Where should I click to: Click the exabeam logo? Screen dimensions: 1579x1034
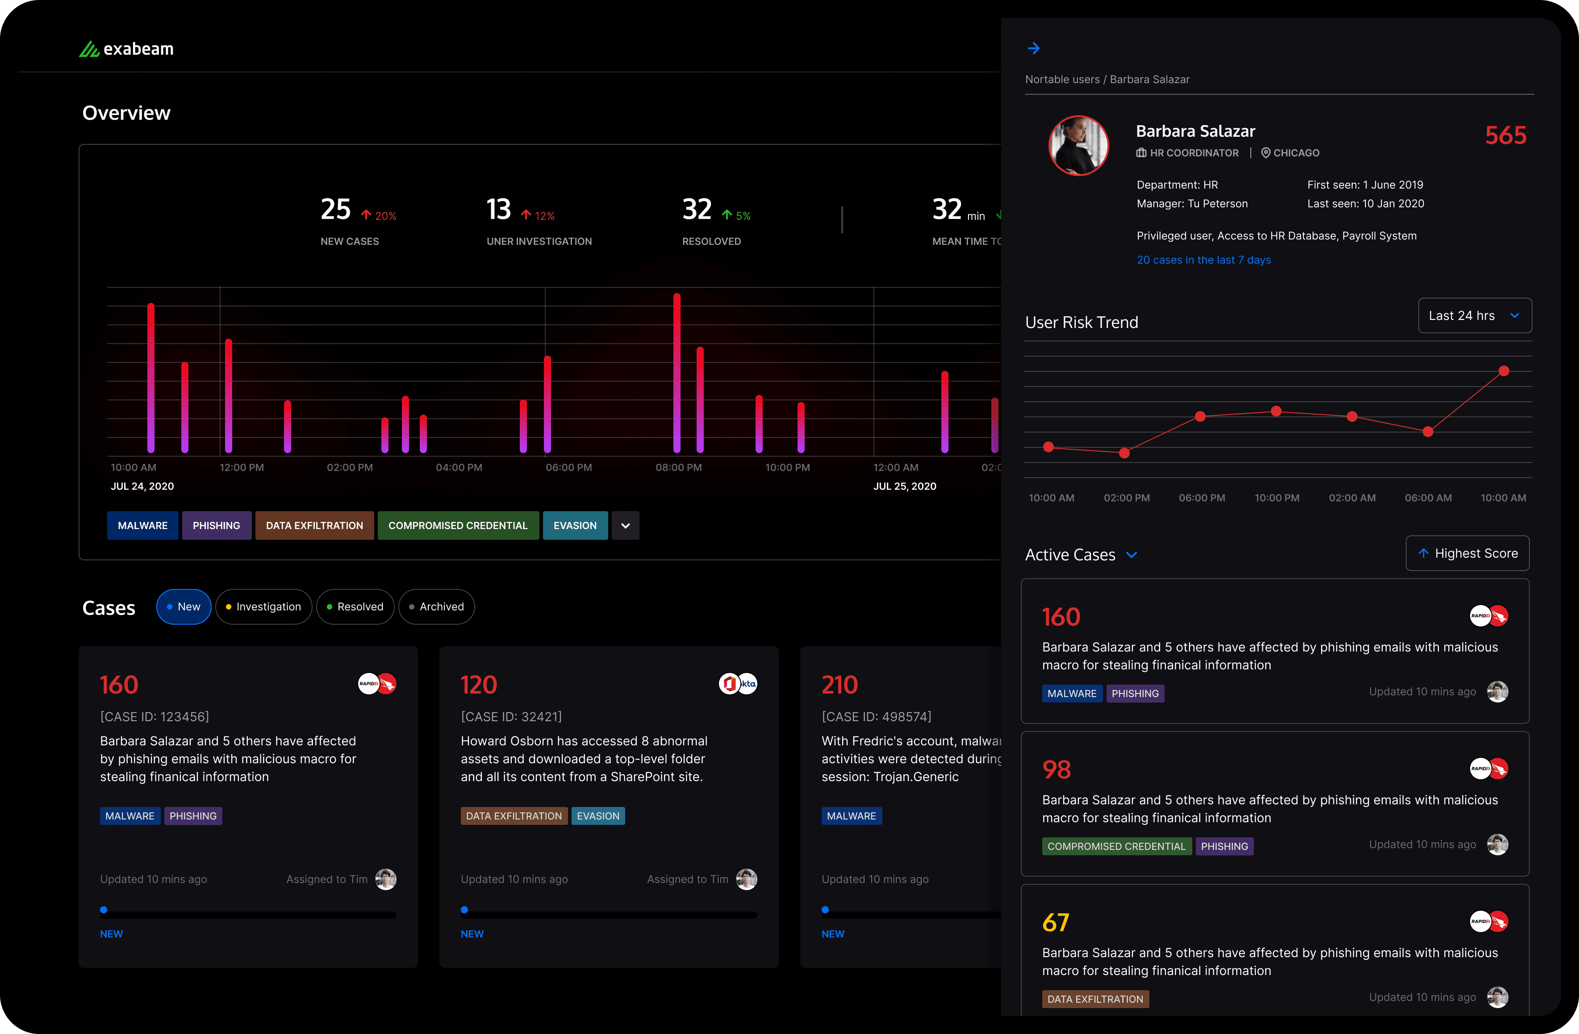(x=126, y=49)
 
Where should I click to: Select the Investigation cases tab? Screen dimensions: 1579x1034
(x=263, y=607)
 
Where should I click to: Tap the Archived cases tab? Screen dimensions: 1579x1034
(x=437, y=607)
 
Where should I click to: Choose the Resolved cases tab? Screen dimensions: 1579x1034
(x=355, y=607)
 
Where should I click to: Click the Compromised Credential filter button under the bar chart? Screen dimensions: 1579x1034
(x=458, y=525)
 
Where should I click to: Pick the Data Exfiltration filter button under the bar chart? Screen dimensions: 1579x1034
(x=314, y=525)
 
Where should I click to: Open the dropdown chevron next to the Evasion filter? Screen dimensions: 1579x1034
(x=625, y=525)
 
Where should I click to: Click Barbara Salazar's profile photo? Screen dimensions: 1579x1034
(x=1078, y=145)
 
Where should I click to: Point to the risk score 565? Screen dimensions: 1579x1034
(x=1505, y=135)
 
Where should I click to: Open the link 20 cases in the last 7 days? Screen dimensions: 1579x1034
(x=1203, y=260)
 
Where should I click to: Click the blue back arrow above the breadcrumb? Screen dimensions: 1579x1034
(x=1034, y=48)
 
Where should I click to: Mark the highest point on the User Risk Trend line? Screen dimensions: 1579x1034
(x=1504, y=371)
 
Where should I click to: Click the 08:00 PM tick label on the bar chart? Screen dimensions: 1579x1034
(x=678, y=467)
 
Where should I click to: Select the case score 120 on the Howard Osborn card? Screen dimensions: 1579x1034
(x=478, y=685)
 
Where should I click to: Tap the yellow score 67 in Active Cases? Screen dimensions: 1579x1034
(x=1056, y=922)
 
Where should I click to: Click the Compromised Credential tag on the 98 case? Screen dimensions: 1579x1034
(x=1116, y=846)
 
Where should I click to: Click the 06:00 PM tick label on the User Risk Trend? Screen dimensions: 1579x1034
(x=1202, y=498)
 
